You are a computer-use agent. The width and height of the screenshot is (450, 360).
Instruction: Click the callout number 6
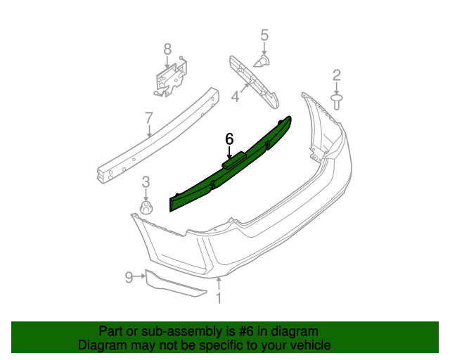(x=229, y=139)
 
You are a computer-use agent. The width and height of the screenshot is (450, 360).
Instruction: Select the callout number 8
(x=167, y=49)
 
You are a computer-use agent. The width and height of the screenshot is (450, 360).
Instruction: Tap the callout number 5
(x=264, y=35)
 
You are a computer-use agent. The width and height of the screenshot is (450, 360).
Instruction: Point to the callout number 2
(x=337, y=75)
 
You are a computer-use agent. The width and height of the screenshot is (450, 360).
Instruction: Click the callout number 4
(x=235, y=96)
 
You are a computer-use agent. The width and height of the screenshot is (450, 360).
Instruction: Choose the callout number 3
(x=146, y=182)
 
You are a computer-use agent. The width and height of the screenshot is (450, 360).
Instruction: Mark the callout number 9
(x=129, y=277)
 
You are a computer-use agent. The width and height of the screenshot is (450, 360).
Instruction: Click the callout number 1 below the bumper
(x=219, y=298)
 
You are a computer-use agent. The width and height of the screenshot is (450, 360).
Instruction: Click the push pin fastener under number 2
(x=337, y=102)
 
